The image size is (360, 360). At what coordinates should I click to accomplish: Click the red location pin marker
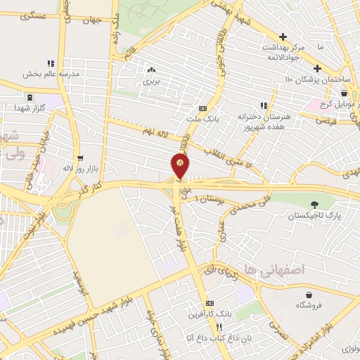[x=180, y=166]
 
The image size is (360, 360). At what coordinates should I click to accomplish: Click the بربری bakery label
[x=153, y=81]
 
